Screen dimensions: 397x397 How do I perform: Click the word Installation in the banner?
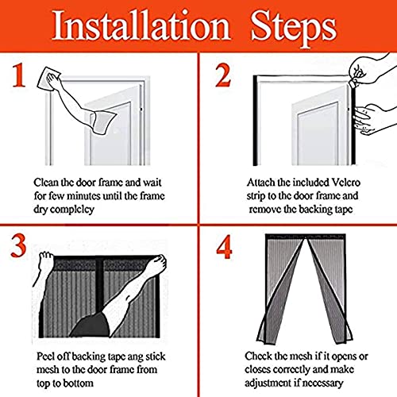tap(141, 26)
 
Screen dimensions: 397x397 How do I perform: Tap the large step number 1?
tap(19, 76)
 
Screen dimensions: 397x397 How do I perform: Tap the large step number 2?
tap(223, 76)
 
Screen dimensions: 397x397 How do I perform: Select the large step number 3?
tap(18, 246)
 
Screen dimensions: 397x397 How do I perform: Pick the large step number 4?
tap(224, 247)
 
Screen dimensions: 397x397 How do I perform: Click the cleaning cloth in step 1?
tap(48, 78)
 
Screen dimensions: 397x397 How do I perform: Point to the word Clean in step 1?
tap(45, 183)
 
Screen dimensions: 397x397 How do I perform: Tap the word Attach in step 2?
tap(260, 183)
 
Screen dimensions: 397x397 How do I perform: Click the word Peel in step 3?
tap(45, 357)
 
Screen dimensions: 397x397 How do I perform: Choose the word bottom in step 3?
tap(79, 384)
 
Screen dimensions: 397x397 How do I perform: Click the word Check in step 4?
tap(258, 357)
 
